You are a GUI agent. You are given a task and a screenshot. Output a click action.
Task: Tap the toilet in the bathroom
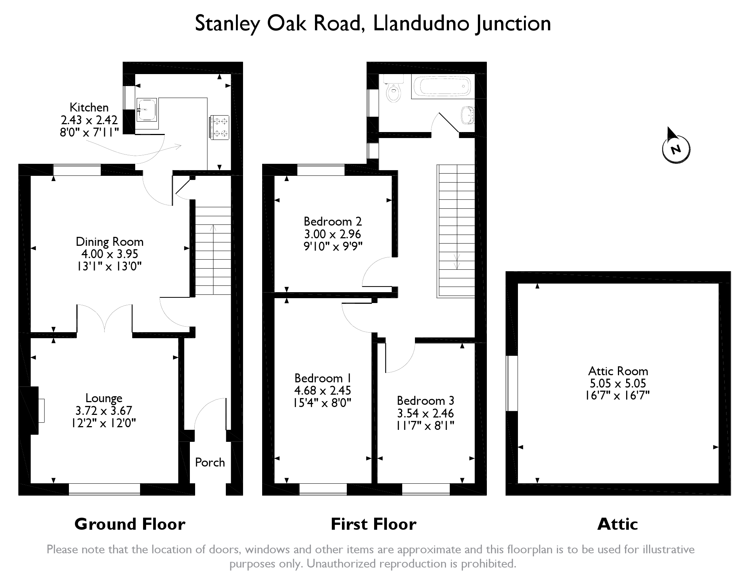[x=393, y=90]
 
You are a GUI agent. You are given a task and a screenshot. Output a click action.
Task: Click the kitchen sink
[x=146, y=110]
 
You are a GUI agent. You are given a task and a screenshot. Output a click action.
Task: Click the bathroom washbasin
[x=467, y=114]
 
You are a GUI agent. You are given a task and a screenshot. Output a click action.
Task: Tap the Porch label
[x=210, y=462]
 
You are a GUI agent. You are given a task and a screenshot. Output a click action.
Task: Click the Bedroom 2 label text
[x=333, y=221]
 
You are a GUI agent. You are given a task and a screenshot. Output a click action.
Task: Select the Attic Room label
[x=618, y=371]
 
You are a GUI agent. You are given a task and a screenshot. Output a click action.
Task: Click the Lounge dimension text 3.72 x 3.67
[x=104, y=410]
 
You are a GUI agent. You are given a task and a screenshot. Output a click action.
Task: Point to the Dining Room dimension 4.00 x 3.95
[x=110, y=254]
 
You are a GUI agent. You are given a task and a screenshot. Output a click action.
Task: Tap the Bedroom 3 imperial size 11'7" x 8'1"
[x=425, y=425]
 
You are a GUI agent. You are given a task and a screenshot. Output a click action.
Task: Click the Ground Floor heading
[x=130, y=524]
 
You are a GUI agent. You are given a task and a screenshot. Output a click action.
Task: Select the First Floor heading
[x=373, y=524]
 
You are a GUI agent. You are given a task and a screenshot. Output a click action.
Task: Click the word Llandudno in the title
[x=421, y=23]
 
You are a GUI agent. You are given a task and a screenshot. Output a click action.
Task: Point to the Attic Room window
[x=512, y=383]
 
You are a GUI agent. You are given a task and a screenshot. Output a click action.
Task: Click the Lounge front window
[x=104, y=489]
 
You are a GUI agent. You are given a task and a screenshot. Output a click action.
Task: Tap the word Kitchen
[x=89, y=107]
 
